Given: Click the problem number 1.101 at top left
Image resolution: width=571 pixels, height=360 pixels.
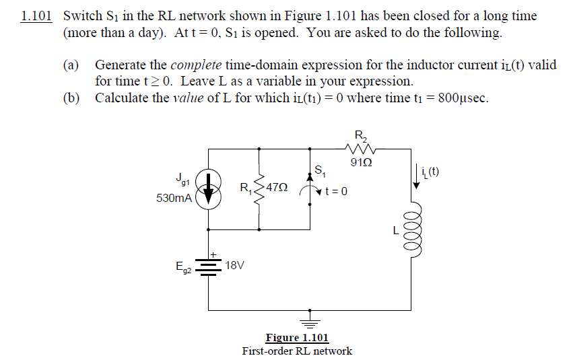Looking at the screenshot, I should click(x=36, y=16).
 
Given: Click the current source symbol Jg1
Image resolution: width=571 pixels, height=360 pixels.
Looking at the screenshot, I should click(x=209, y=189).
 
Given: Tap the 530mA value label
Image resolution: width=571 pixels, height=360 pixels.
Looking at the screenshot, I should click(x=174, y=199).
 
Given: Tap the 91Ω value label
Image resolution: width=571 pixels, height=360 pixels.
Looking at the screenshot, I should click(x=360, y=161).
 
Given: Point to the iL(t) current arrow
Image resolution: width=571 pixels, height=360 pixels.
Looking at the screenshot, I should click(x=416, y=178).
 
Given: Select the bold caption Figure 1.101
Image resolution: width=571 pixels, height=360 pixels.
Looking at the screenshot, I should click(x=297, y=338).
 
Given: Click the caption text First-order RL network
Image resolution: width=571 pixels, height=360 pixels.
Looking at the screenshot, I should click(x=297, y=351).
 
